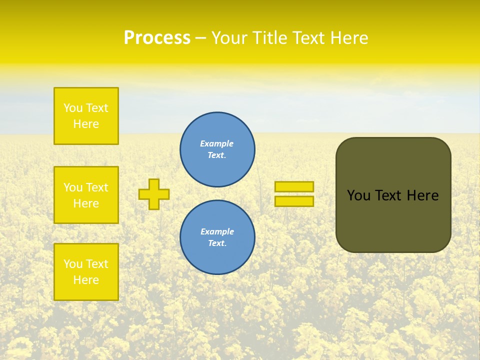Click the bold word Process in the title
coord(157,38)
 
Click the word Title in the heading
coord(270,38)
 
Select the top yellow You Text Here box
coord(86,116)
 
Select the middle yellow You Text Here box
coord(86,195)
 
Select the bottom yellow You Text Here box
coord(86,272)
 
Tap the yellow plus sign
coord(154,194)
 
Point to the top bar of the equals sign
coord(294,186)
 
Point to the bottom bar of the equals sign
coord(294,201)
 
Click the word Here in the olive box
coord(422,195)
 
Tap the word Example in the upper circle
coord(217,143)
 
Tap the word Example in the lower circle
coord(217,231)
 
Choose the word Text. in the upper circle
coord(217,155)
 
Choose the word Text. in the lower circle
coord(217,243)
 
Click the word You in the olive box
coord(358,195)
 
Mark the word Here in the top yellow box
coord(86,124)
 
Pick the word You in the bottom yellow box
coord(73,264)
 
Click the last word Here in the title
coord(348,38)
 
